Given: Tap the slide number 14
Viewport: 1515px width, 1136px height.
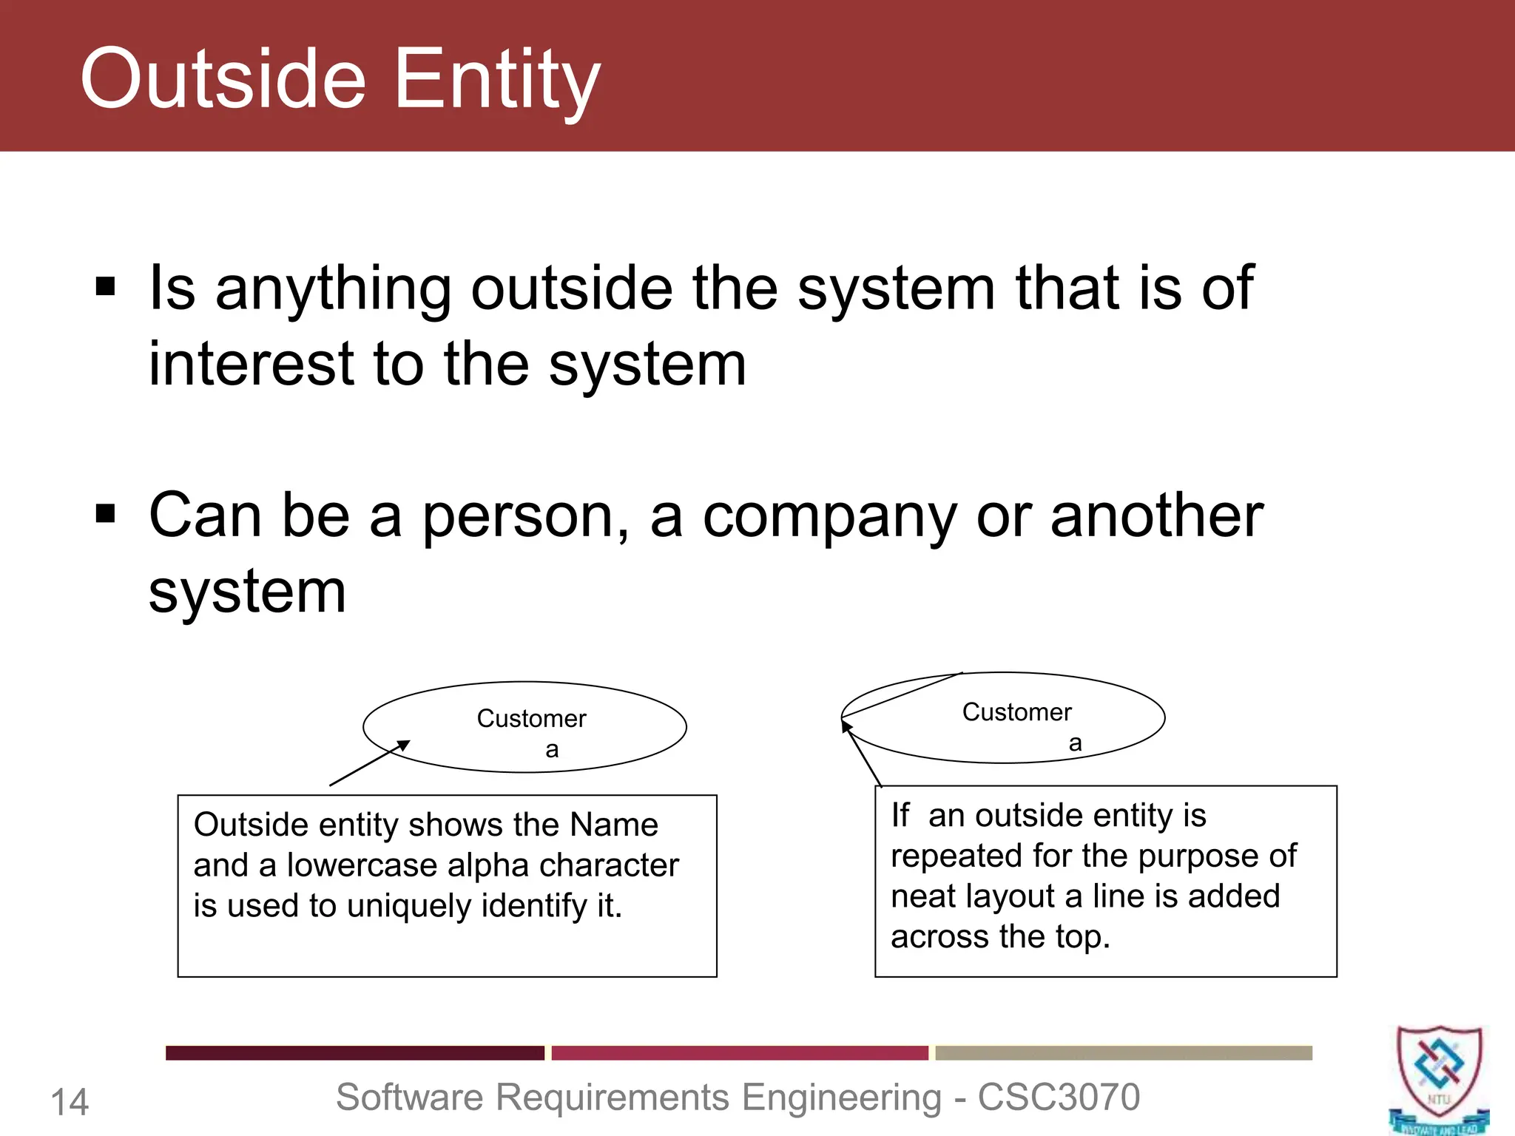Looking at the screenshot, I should pos(70,1102).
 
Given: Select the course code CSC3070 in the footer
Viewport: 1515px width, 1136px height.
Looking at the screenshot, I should pos(1059,1097).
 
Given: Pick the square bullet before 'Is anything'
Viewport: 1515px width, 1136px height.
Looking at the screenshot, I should pos(106,286).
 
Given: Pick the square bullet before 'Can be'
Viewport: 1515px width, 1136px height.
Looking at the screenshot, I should pos(106,513).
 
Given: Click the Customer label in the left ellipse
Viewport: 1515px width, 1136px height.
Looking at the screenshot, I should pos(531,718).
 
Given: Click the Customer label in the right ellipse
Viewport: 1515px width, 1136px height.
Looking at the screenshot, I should pos(1016,712).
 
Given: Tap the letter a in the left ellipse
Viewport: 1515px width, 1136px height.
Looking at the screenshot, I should pos(552,750).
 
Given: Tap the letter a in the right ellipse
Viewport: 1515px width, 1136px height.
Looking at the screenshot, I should pos(1076,743).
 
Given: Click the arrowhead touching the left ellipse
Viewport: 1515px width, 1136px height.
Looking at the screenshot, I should pos(403,745).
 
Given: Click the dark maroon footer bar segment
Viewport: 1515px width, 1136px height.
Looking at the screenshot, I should pos(354,1052).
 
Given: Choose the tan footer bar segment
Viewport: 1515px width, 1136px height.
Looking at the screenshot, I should pos(1124,1052).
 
